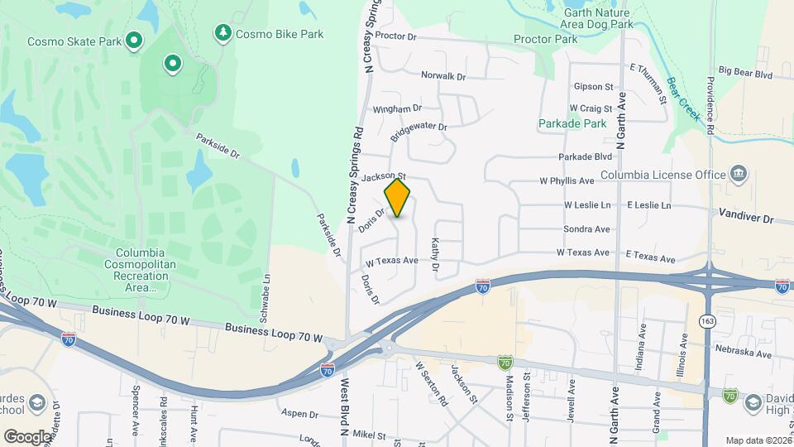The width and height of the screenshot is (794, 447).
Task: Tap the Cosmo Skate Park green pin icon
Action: (x=133, y=41)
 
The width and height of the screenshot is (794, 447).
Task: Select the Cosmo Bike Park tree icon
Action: (x=222, y=33)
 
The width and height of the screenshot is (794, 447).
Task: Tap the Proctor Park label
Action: (x=545, y=39)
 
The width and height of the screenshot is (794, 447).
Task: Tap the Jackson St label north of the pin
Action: (x=390, y=175)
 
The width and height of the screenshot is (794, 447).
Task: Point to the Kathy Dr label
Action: (x=434, y=257)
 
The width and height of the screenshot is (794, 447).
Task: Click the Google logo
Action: (x=27, y=436)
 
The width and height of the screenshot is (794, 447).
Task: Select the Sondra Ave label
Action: (x=586, y=229)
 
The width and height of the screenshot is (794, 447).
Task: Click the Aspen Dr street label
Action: (x=299, y=413)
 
